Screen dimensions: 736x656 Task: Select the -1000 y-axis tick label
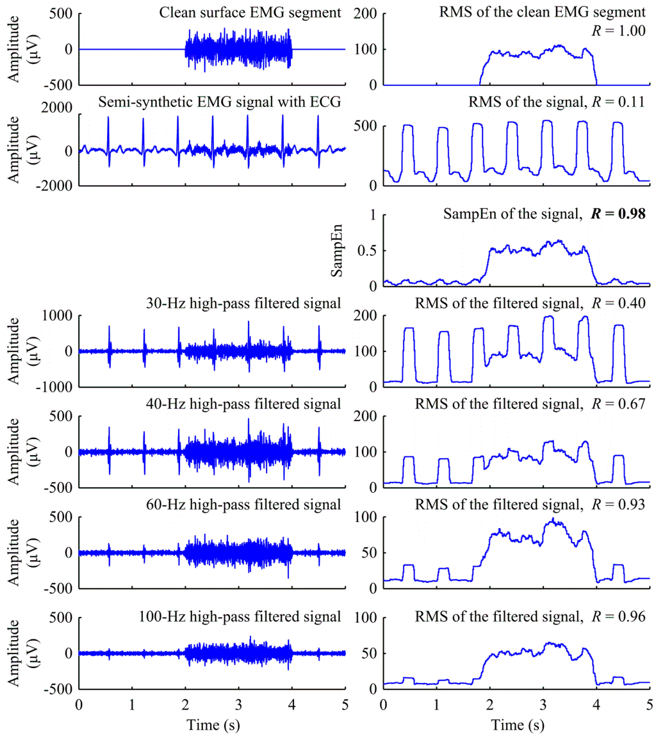[x=55, y=387]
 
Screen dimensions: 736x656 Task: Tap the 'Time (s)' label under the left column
[x=212, y=722]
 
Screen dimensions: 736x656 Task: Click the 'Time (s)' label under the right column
[x=516, y=722]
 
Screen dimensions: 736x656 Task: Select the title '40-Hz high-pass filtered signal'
[x=243, y=403]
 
